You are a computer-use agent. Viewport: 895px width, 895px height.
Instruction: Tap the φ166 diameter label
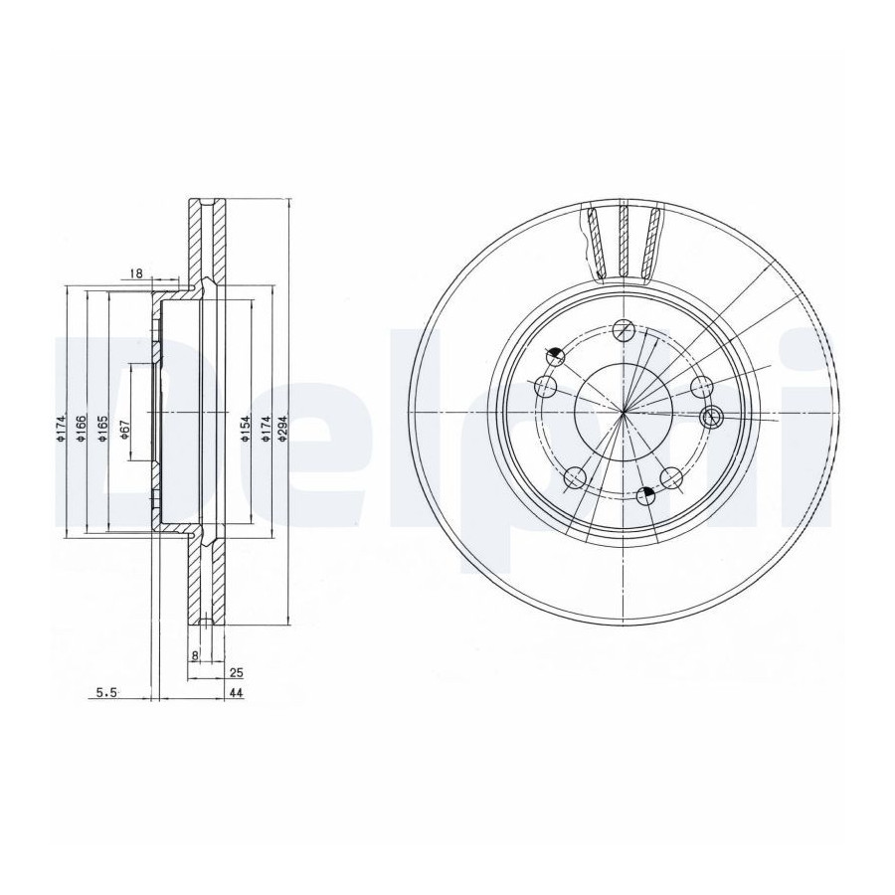pyautogui.click(x=81, y=429)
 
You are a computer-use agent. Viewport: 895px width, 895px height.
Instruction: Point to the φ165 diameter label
pyautogui.click(x=102, y=429)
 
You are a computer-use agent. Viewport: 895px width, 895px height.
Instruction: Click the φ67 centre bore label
pyautogui.click(x=126, y=430)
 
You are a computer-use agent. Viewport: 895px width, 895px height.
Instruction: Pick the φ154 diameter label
pyautogui.click(x=245, y=429)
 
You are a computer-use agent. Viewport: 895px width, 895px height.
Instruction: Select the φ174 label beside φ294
pyautogui.click(x=265, y=429)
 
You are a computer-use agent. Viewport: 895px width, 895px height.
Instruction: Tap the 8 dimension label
pyautogui.click(x=195, y=656)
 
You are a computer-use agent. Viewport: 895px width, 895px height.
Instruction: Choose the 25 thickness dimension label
pyautogui.click(x=237, y=673)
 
